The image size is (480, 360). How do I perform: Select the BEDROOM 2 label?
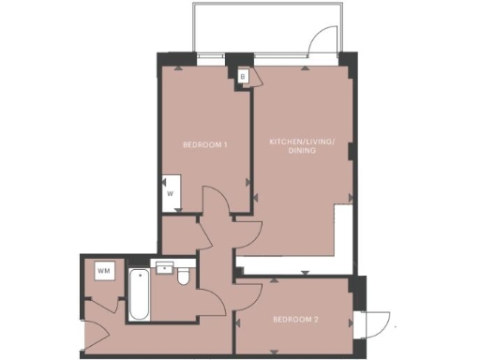point(295,320)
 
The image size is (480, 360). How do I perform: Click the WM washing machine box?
point(102,271)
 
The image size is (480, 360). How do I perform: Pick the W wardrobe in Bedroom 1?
point(171,194)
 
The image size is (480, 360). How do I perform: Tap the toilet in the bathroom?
point(184,276)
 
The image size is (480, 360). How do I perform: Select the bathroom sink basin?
point(164,268)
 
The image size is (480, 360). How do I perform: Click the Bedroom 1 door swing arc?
point(214,200)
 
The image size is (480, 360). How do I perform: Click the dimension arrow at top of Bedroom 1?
point(179,67)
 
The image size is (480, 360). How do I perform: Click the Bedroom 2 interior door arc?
point(248,295)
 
